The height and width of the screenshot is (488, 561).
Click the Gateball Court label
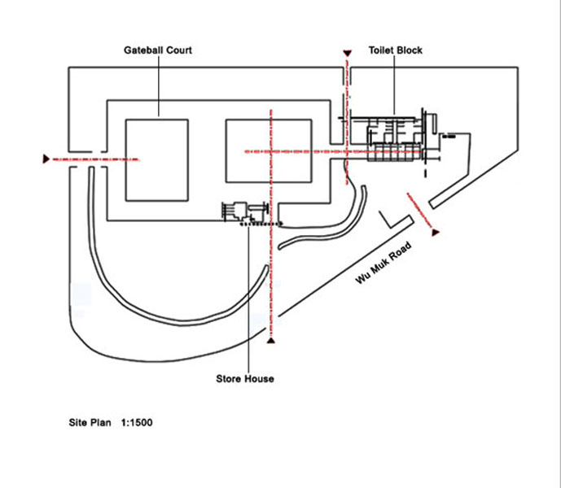click(x=158, y=50)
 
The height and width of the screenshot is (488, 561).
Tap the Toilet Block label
click(x=395, y=50)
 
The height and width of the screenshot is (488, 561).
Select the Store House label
click(x=245, y=379)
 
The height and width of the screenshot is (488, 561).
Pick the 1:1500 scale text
click(x=137, y=423)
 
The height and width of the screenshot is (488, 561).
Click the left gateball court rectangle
click(x=158, y=160)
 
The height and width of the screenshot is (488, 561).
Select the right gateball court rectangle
click(x=269, y=151)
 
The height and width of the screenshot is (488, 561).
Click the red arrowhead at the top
click(x=348, y=54)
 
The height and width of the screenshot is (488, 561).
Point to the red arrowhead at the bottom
click(x=272, y=340)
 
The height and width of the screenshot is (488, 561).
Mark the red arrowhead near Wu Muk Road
click(x=436, y=233)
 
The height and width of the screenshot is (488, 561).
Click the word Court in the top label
click(x=178, y=50)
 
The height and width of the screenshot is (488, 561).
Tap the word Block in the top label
click(x=410, y=50)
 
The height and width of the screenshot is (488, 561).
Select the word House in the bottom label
click(x=260, y=379)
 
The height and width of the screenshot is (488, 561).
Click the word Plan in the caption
click(x=103, y=423)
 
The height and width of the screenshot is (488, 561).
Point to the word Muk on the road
click(x=386, y=262)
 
